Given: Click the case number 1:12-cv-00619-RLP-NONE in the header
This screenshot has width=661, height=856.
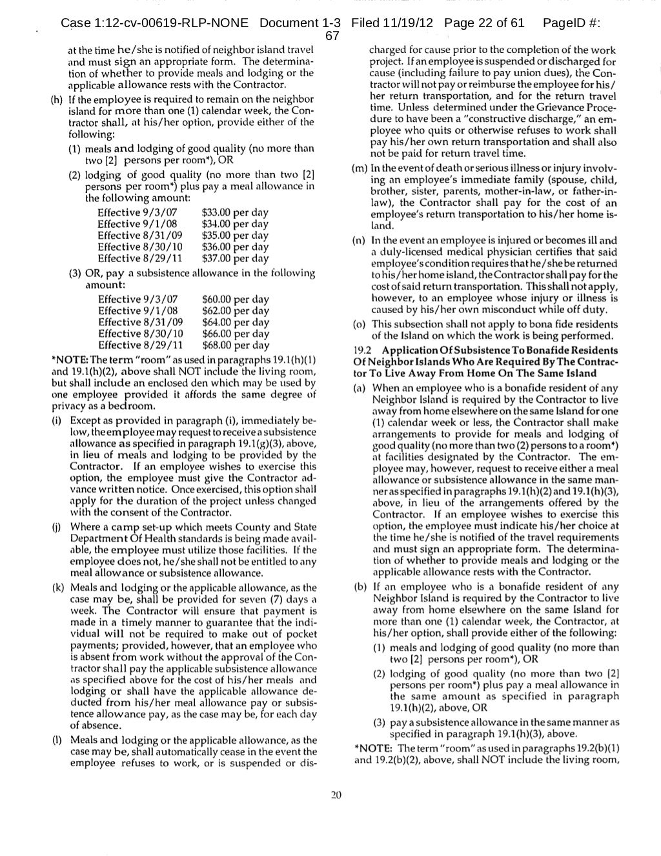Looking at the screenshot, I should [x=154, y=23].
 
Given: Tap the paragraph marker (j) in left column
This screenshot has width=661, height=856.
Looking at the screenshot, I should [x=57, y=527].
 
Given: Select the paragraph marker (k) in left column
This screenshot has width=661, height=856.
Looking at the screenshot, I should [x=58, y=587].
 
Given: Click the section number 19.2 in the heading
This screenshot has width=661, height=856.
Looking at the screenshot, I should [x=363, y=350].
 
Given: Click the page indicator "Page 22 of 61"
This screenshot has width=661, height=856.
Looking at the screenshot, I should [x=484, y=23].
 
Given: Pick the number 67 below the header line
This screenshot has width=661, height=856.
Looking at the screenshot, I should [x=332, y=37].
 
